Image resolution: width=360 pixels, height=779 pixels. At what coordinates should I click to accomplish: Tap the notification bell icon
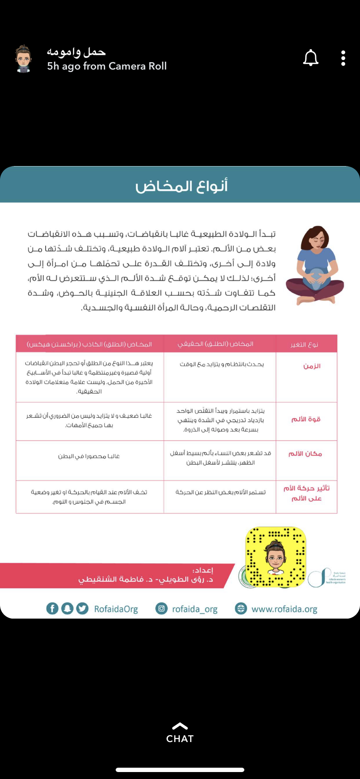(x=310, y=58)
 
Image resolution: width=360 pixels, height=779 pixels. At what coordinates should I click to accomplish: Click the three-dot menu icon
(x=343, y=58)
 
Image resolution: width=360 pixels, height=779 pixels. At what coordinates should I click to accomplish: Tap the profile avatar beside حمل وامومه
(x=23, y=59)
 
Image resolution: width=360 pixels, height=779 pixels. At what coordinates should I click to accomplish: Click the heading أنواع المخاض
(x=181, y=186)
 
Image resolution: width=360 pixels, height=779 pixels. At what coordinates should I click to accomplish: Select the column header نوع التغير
(x=304, y=344)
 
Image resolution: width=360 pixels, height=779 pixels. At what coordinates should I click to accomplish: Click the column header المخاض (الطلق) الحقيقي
(x=215, y=344)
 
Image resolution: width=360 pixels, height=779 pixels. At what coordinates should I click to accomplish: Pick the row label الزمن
(x=311, y=366)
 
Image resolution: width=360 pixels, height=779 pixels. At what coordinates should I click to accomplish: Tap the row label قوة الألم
(x=306, y=419)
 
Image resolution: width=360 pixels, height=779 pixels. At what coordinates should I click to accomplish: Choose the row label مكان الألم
(x=305, y=453)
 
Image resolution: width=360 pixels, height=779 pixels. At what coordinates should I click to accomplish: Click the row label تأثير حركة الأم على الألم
(x=306, y=493)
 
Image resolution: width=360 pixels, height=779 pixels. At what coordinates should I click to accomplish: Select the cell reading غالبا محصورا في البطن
(x=89, y=456)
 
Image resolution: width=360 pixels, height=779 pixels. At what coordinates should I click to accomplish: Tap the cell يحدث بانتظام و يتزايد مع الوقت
(x=221, y=364)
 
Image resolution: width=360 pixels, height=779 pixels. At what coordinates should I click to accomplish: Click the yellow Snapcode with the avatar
(x=275, y=556)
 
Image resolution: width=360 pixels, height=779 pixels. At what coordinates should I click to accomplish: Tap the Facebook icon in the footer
(x=52, y=608)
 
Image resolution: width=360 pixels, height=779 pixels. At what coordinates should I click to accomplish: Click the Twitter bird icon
(x=82, y=608)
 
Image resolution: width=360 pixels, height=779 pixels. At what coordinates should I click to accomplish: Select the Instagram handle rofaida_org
(x=194, y=609)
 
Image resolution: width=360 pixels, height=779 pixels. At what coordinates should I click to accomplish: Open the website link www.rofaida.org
(x=284, y=609)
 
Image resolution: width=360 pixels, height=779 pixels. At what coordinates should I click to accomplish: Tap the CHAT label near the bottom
(x=180, y=739)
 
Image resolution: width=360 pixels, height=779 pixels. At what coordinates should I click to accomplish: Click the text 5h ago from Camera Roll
(x=107, y=66)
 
